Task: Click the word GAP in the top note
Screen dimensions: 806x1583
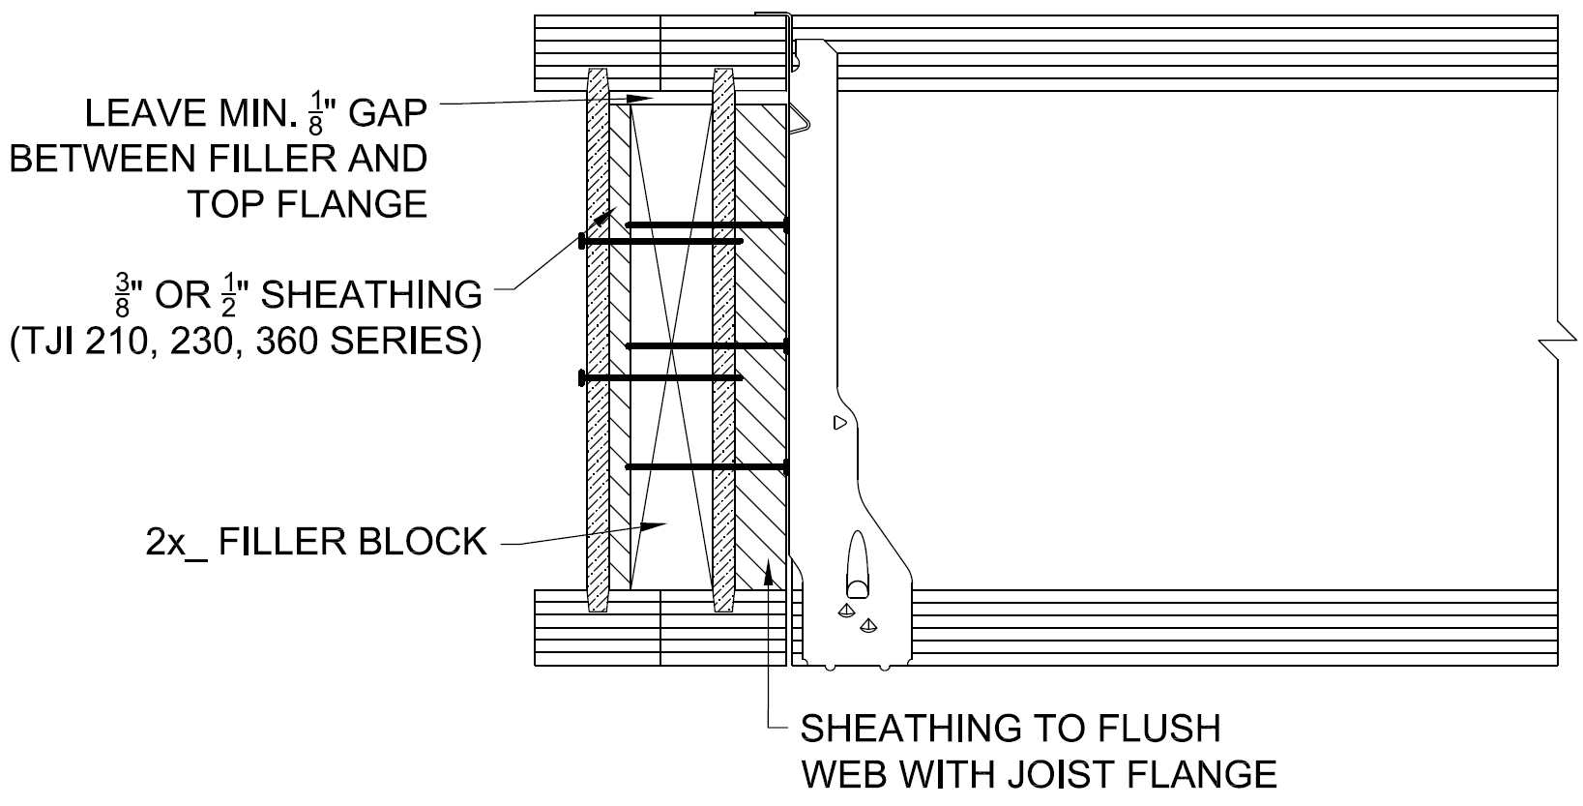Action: point(388,114)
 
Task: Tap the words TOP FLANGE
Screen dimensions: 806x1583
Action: point(307,204)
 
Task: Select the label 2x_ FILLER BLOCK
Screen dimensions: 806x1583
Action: point(315,542)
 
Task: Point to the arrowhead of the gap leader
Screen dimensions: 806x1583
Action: point(642,99)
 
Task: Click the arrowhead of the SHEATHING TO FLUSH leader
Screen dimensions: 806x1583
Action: point(770,571)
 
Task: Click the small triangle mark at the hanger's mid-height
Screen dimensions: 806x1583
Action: point(839,422)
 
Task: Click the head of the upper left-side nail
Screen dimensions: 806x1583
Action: point(581,241)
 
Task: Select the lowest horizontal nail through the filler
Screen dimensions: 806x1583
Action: point(707,467)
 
